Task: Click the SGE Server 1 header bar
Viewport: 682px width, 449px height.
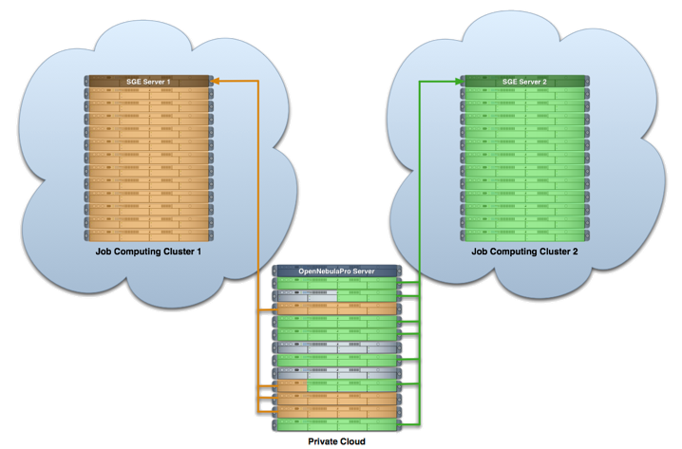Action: pos(148,82)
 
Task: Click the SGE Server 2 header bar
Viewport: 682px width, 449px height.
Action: pos(524,82)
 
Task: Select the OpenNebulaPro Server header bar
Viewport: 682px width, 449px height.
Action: pos(336,271)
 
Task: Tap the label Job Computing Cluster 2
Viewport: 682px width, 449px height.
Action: pos(524,253)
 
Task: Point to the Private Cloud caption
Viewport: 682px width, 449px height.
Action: pos(336,441)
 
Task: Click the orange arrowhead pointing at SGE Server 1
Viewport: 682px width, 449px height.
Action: pos(216,82)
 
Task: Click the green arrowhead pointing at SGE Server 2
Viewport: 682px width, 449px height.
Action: pos(456,82)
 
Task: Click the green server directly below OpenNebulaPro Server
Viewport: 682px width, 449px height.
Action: pos(336,284)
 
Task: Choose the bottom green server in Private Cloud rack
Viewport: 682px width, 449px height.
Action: pos(336,426)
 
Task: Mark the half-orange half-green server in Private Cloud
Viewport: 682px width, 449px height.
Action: pos(336,387)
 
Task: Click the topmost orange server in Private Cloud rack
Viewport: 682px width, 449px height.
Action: pos(336,309)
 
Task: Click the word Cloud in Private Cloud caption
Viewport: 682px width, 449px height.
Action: pos(351,441)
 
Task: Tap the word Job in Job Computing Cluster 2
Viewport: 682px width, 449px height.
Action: pos(479,253)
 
